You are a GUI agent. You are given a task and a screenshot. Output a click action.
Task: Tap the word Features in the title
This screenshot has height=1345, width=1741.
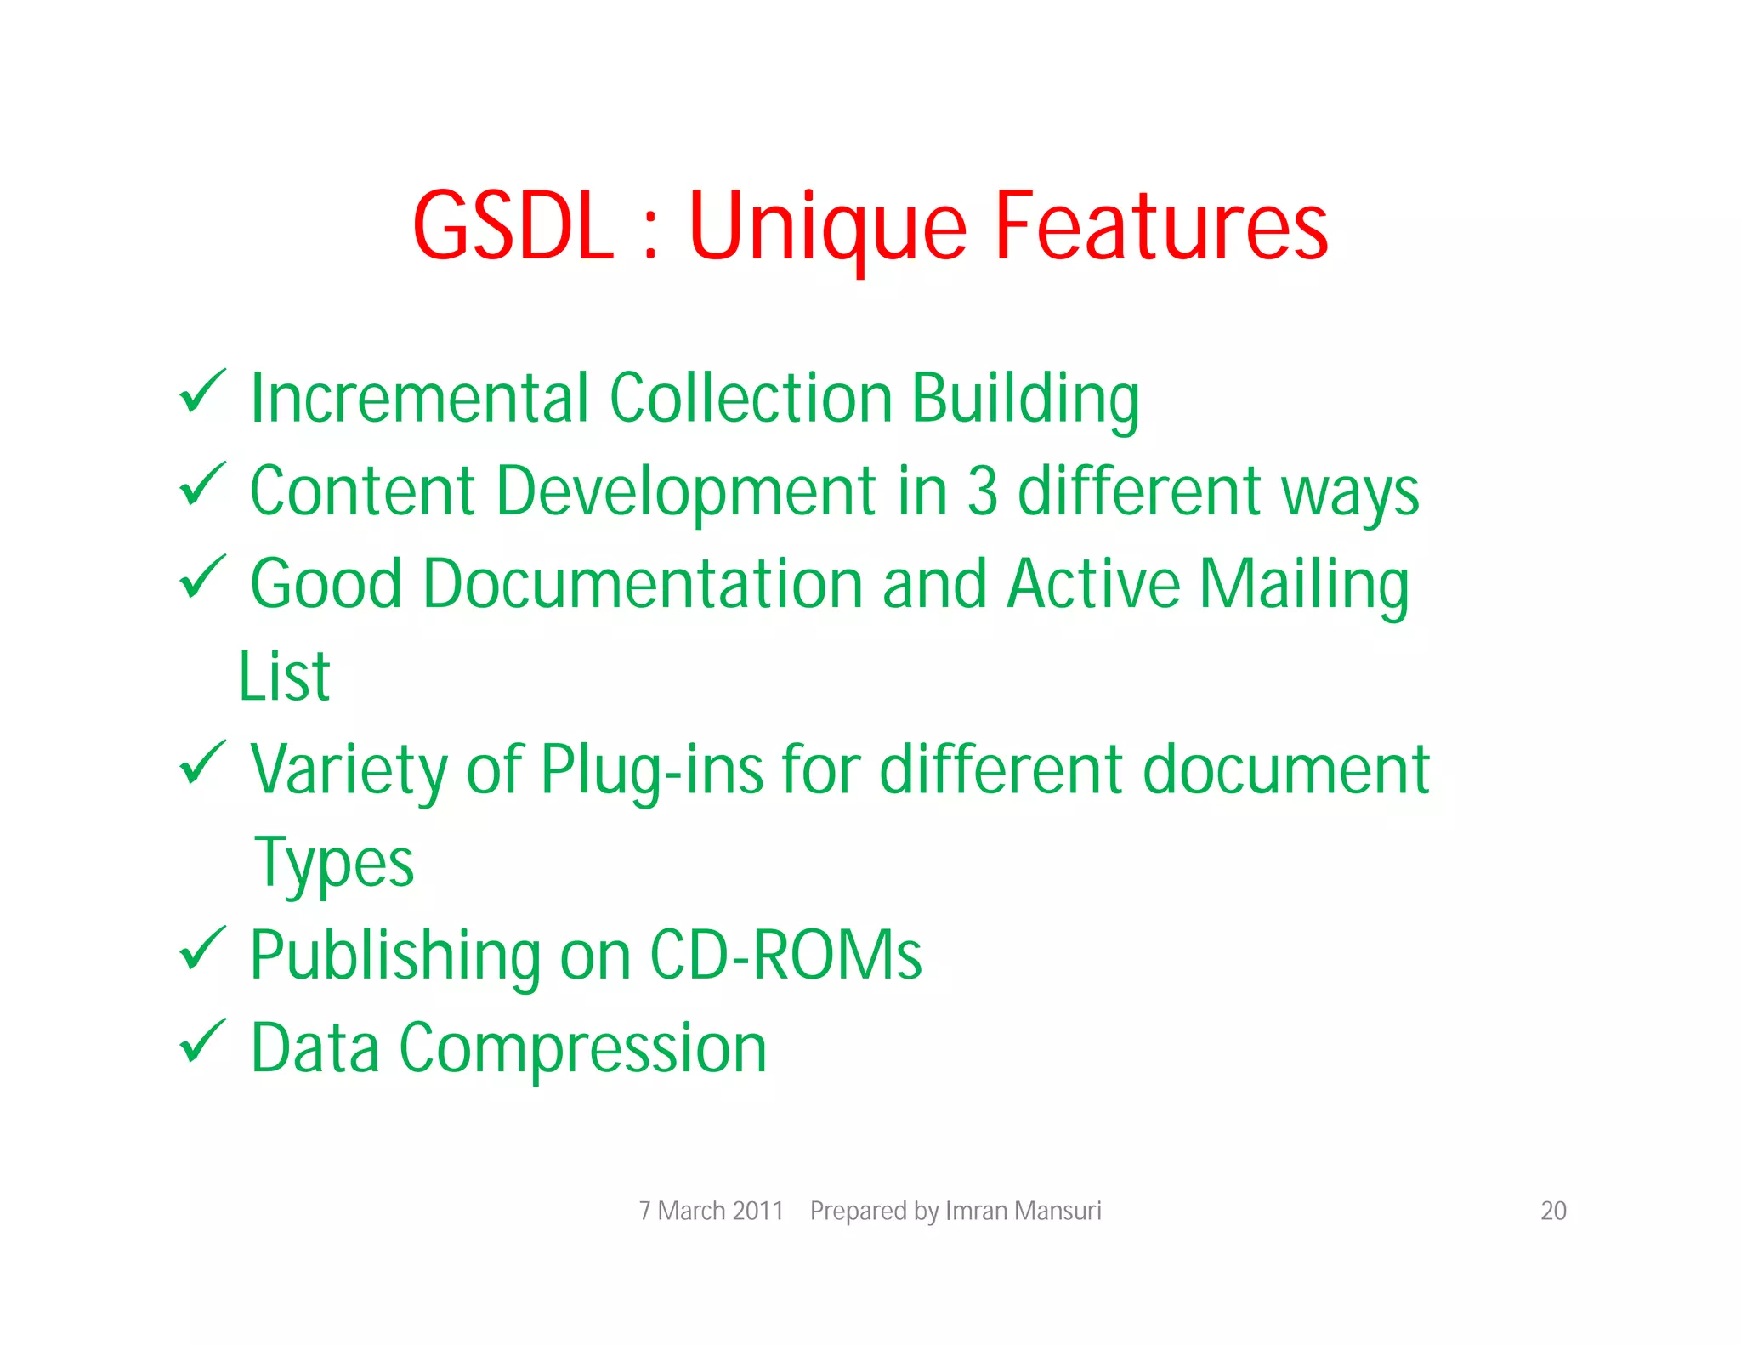click(1160, 226)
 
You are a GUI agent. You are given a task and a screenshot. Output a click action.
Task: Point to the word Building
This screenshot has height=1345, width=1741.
click(1025, 400)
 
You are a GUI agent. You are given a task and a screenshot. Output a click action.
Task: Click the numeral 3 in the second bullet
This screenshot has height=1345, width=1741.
click(982, 491)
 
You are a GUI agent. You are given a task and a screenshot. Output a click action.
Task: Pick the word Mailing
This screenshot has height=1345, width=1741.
click(1303, 586)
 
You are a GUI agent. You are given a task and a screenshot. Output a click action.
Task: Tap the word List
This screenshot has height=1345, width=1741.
click(284, 677)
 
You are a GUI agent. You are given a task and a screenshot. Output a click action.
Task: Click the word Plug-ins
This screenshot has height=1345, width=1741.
click(651, 770)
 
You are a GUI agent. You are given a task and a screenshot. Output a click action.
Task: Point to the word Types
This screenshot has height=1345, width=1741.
click(334, 864)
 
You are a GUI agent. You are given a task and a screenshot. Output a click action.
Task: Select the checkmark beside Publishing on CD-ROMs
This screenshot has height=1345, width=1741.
click(202, 949)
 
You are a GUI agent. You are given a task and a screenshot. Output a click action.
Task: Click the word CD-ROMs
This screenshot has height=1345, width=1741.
click(785, 956)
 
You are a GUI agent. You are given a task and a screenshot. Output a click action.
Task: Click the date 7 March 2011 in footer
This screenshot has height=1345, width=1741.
click(711, 1211)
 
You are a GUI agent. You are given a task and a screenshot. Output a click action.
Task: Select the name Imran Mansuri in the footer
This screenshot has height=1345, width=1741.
click(1023, 1211)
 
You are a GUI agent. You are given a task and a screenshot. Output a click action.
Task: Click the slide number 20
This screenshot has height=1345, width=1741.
click(1553, 1211)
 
